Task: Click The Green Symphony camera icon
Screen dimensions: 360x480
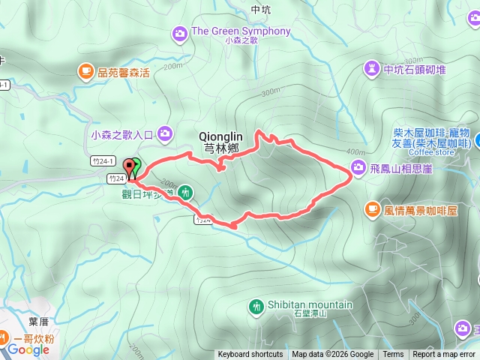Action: [x=179, y=33]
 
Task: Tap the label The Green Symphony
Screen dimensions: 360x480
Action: [x=241, y=31]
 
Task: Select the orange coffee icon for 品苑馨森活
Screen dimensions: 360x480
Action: [x=85, y=72]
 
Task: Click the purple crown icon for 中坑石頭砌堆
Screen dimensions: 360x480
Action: [x=371, y=70]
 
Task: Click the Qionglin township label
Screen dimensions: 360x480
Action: [x=219, y=142]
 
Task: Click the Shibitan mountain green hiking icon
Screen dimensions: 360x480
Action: [x=256, y=306]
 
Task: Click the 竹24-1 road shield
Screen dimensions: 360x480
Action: [x=103, y=161]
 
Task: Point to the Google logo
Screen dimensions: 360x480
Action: [x=28, y=349]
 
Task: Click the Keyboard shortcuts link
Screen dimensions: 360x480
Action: [x=250, y=355]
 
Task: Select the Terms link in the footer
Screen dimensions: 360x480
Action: [x=393, y=355]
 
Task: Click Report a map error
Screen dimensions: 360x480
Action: [x=444, y=355]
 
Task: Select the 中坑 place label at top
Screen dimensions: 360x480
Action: [x=261, y=10]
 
